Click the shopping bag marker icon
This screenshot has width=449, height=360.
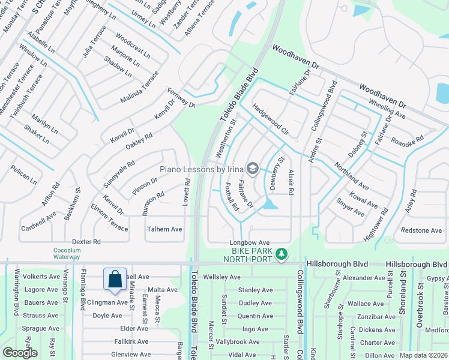pos(115,279)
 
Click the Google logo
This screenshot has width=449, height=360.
pos(20,353)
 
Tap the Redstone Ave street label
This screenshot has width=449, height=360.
pos(421,230)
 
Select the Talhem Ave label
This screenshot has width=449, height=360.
pos(164,229)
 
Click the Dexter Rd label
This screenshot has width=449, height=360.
pos(88,241)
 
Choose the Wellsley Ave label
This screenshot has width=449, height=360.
pos(222,277)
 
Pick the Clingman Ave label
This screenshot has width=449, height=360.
pos(108,302)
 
